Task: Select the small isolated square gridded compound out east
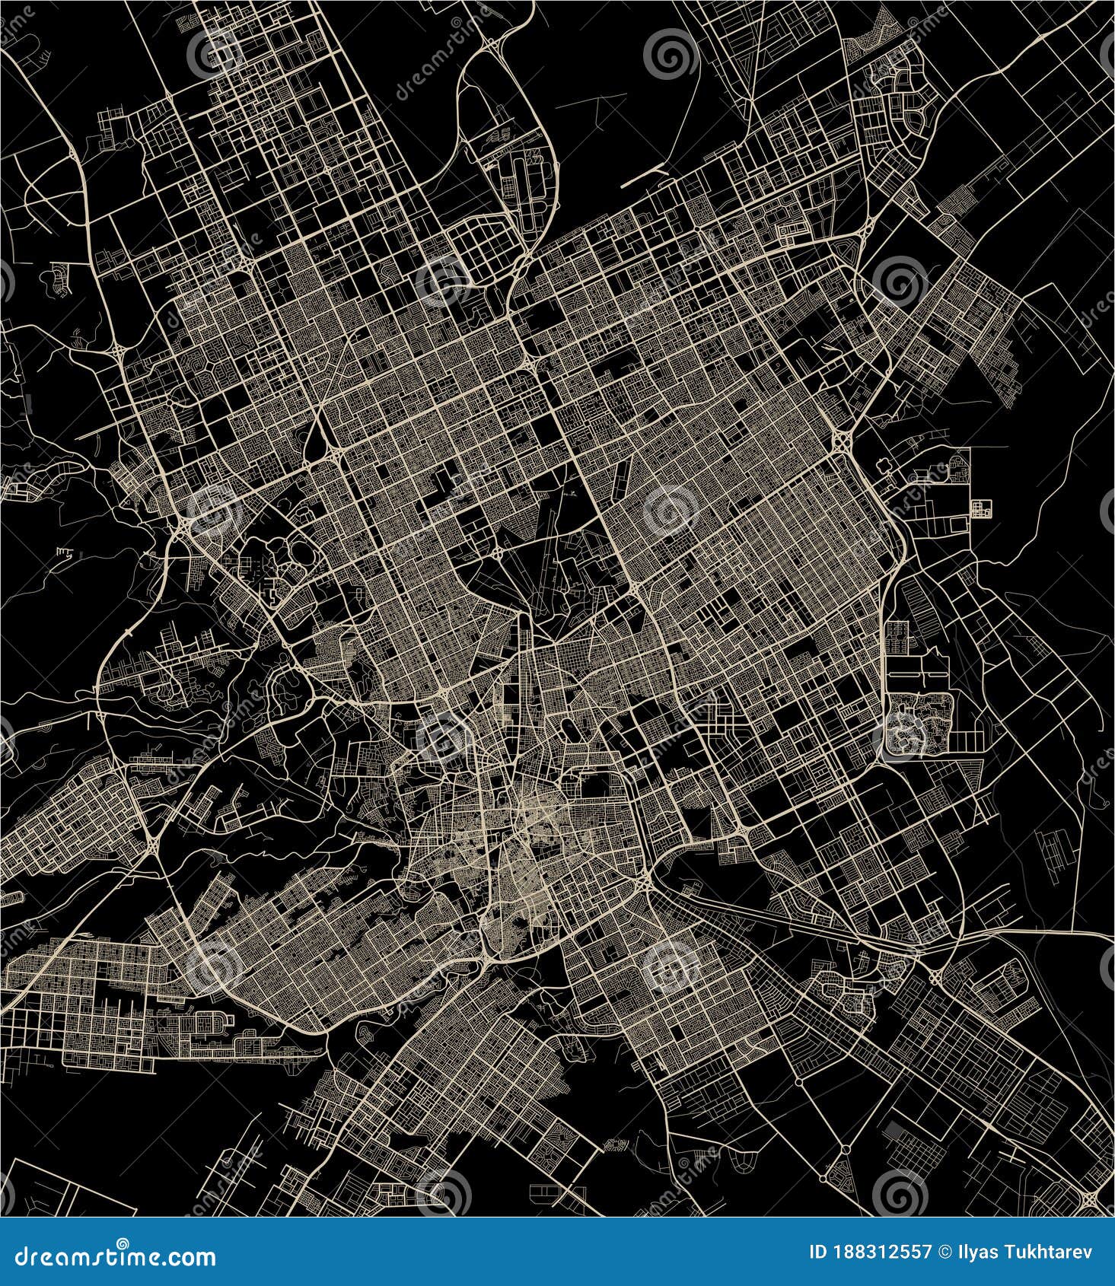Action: pos(983,508)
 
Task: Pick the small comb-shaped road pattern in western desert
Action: pos(68,551)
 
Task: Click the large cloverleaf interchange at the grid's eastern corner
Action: pos(844,440)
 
